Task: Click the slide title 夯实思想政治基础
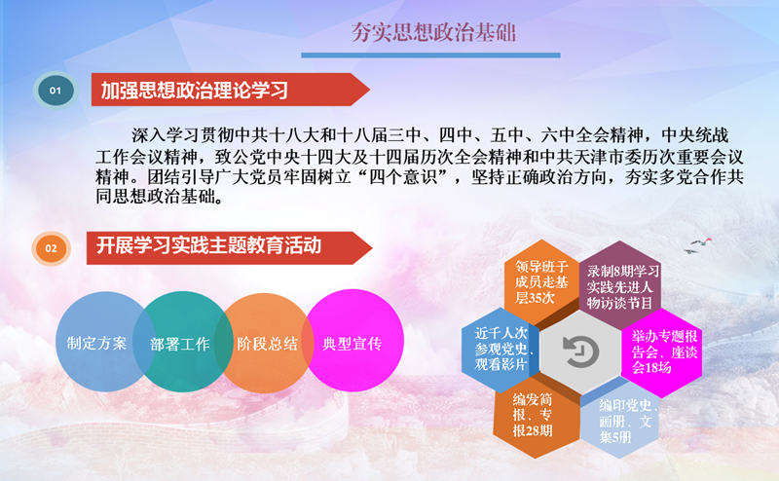pyautogui.click(x=433, y=33)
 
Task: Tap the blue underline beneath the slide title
pyautogui.click(x=430, y=55)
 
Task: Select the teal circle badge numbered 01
pyautogui.click(x=56, y=91)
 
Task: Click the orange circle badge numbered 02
pyautogui.click(x=52, y=248)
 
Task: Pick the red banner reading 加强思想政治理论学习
pyautogui.click(x=230, y=90)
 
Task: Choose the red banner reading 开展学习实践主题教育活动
pyautogui.click(x=229, y=247)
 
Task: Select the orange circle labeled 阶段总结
pyautogui.click(x=267, y=343)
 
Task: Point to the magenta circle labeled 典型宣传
pyautogui.click(x=352, y=341)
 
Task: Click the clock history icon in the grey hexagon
pyautogui.click(x=580, y=351)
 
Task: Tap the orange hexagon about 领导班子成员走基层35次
pyautogui.click(x=541, y=281)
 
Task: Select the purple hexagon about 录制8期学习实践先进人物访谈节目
pyautogui.click(x=619, y=284)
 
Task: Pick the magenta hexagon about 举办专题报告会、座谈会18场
pyautogui.click(x=661, y=352)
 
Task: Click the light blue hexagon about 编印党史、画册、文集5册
pyautogui.click(x=620, y=421)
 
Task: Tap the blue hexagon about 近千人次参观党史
pyautogui.click(x=501, y=350)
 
